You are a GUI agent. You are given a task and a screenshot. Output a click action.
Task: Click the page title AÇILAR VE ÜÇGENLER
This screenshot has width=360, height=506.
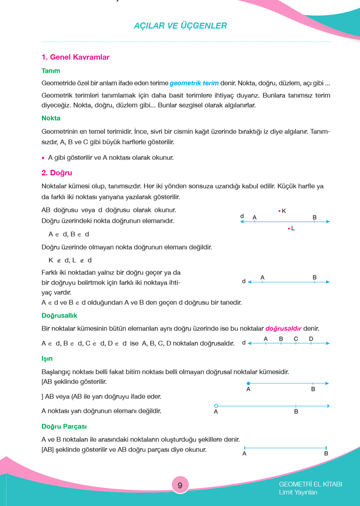180,26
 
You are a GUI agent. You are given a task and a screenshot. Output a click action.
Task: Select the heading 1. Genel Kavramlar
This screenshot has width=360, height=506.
75,57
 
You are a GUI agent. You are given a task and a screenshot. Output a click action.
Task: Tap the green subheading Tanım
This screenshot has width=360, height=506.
51,71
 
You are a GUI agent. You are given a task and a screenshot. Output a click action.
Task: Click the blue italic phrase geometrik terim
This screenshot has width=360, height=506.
194,83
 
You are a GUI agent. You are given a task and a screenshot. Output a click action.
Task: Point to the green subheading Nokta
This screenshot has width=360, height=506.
51,118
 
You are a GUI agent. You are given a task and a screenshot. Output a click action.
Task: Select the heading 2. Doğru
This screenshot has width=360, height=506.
57,173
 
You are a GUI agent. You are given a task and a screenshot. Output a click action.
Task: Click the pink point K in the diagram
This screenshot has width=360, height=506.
279,211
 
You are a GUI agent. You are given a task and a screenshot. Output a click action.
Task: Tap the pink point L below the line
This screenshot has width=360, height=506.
289,228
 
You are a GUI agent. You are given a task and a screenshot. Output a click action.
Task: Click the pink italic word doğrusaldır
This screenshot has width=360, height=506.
283,329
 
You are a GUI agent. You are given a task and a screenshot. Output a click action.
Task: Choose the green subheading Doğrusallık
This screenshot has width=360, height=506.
59,315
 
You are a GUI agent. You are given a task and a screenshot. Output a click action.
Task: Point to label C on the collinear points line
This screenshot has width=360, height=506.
296,339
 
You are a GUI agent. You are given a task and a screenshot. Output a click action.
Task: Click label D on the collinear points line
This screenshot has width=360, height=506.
311,339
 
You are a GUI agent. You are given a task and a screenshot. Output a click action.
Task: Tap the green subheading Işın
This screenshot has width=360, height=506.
47,359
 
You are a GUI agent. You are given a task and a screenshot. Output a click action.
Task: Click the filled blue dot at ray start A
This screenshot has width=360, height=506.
248,383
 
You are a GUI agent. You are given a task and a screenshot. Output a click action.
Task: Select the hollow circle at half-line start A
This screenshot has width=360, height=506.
216,406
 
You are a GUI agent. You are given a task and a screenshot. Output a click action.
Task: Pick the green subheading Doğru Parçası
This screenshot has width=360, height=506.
64,427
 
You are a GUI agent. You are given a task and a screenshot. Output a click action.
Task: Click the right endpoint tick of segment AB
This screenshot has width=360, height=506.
326,448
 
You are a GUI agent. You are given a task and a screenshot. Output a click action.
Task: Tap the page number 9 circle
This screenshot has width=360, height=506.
180,485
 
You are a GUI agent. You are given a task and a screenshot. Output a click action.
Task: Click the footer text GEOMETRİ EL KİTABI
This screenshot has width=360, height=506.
310,484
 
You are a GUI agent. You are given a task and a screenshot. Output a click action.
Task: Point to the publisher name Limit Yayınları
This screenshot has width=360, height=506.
298,493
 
